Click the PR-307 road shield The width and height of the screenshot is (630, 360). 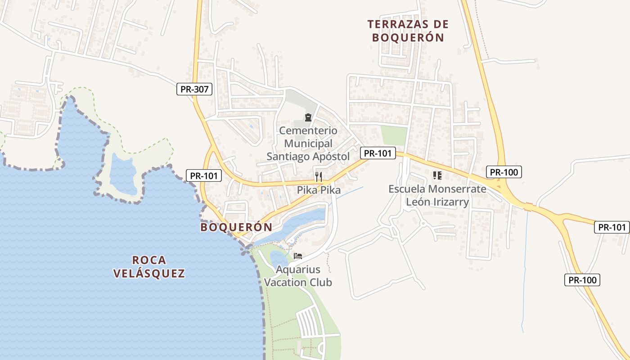194,89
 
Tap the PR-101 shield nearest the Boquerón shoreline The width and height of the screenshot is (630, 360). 204,175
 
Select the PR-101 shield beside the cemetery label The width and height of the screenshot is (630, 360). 378,153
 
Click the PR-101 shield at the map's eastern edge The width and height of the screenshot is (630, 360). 612,227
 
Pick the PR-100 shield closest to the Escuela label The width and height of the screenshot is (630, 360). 504,172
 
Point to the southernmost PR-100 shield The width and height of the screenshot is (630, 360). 582,280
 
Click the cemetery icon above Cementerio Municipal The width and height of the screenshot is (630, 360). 308,118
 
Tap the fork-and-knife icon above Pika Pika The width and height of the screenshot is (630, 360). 319,176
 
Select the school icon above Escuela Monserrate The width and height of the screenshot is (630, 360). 437,175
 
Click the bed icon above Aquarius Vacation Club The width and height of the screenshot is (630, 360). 297,256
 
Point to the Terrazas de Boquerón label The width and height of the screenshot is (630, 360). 408,31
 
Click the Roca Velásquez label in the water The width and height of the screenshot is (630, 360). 149,266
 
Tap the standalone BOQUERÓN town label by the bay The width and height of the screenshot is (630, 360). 236,227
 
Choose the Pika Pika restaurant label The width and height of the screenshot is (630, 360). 319,190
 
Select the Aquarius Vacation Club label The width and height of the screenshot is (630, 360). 298,276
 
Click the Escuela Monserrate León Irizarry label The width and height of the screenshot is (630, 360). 437,195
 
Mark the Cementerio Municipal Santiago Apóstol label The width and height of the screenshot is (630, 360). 308,144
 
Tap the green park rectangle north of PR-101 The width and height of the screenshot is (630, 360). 393,135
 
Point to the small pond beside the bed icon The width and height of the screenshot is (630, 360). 278,258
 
